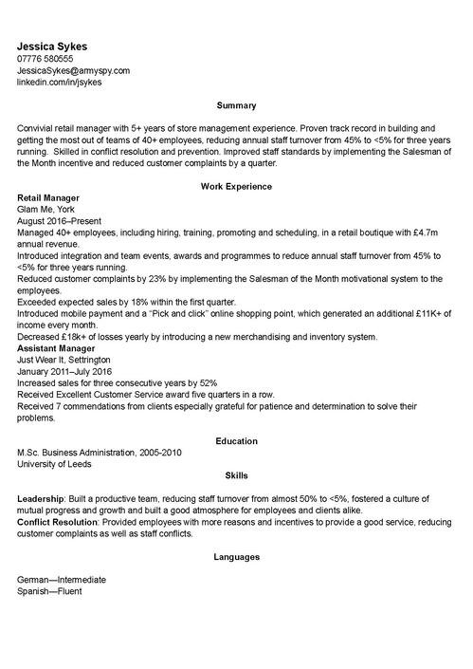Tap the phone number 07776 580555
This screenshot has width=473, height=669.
tap(51, 59)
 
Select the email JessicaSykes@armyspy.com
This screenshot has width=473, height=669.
tap(73, 70)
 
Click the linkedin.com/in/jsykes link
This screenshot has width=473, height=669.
tap(59, 82)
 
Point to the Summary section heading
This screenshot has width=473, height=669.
tap(236, 105)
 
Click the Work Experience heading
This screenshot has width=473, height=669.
tap(236, 186)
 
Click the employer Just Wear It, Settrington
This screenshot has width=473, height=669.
tap(64, 361)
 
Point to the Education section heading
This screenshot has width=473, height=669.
tap(236, 441)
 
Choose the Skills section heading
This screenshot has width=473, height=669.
tap(236, 474)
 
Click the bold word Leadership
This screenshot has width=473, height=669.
tap(40, 498)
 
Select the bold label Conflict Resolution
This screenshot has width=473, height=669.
tap(59, 522)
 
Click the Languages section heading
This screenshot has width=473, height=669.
tap(236, 557)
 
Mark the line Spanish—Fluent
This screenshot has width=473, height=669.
tap(49, 591)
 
